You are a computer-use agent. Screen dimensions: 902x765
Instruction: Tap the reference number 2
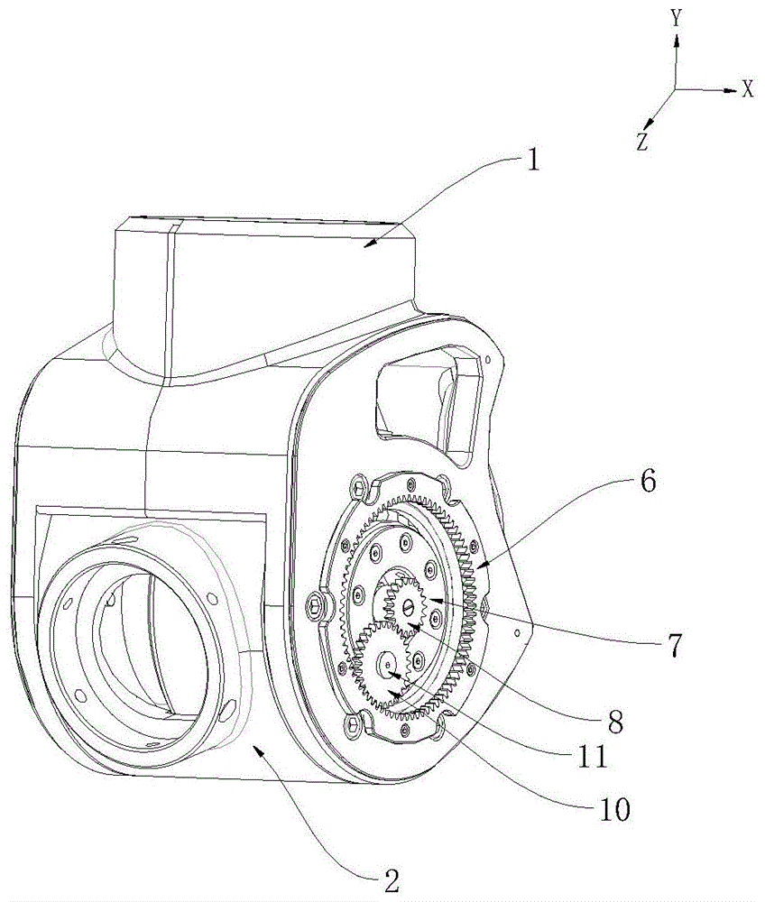[391, 879]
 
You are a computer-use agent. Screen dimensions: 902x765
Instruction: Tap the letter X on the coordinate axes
[747, 89]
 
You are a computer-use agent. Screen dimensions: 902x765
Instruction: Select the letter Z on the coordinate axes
[642, 142]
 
